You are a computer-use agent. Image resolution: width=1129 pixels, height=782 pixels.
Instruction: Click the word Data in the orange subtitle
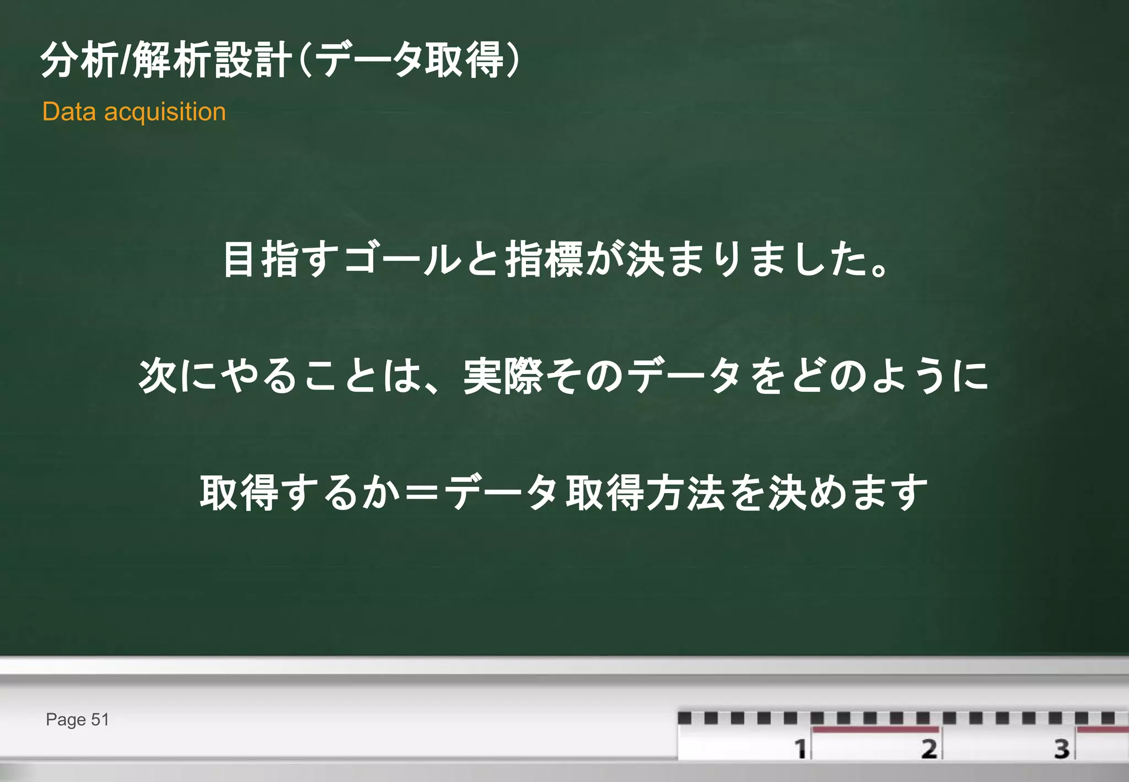point(69,112)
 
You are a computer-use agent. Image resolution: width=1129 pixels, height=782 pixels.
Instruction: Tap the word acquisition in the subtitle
point(165,113)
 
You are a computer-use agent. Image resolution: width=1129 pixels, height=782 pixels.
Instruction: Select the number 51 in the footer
point(100,720)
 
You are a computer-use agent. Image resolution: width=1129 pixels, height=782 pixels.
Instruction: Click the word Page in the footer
point(66,720)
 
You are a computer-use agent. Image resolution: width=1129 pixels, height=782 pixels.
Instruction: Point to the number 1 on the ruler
point(800,748)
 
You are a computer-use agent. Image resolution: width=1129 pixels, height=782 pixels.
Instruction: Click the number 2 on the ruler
point(929,748)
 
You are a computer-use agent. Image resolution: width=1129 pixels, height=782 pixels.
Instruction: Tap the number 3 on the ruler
point(1062,748)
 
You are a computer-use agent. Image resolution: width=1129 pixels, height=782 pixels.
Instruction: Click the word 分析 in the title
point(79,60)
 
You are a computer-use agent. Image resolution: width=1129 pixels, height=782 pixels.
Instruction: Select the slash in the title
point(126,60)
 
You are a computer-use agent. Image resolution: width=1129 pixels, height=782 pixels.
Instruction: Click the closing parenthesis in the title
point(512,60)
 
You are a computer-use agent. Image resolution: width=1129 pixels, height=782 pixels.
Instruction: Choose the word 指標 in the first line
point(544,259)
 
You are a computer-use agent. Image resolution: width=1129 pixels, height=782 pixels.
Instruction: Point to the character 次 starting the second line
point(158,376)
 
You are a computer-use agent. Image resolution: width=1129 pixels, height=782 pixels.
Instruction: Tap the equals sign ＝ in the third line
point(421,492)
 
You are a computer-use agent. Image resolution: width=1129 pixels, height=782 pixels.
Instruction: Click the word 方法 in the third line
point(686,492)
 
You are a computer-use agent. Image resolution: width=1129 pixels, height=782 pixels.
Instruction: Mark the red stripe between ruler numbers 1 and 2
point(875,730)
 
